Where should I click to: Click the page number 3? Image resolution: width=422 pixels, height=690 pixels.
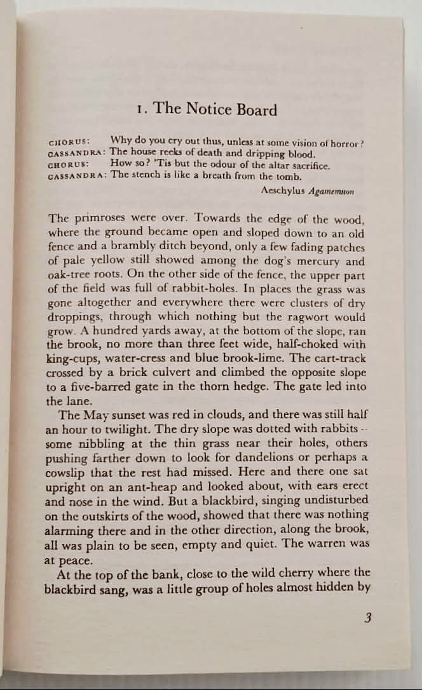pyautogui.click(x=367, y=617)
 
